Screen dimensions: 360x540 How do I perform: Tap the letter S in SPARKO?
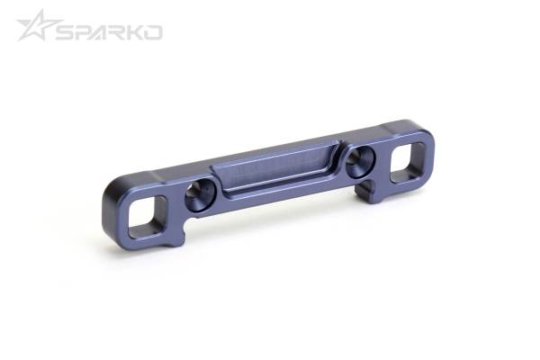66,32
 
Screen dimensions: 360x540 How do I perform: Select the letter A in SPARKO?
102,32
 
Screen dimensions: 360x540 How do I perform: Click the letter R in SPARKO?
120,32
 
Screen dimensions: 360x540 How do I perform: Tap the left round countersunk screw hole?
199,193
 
